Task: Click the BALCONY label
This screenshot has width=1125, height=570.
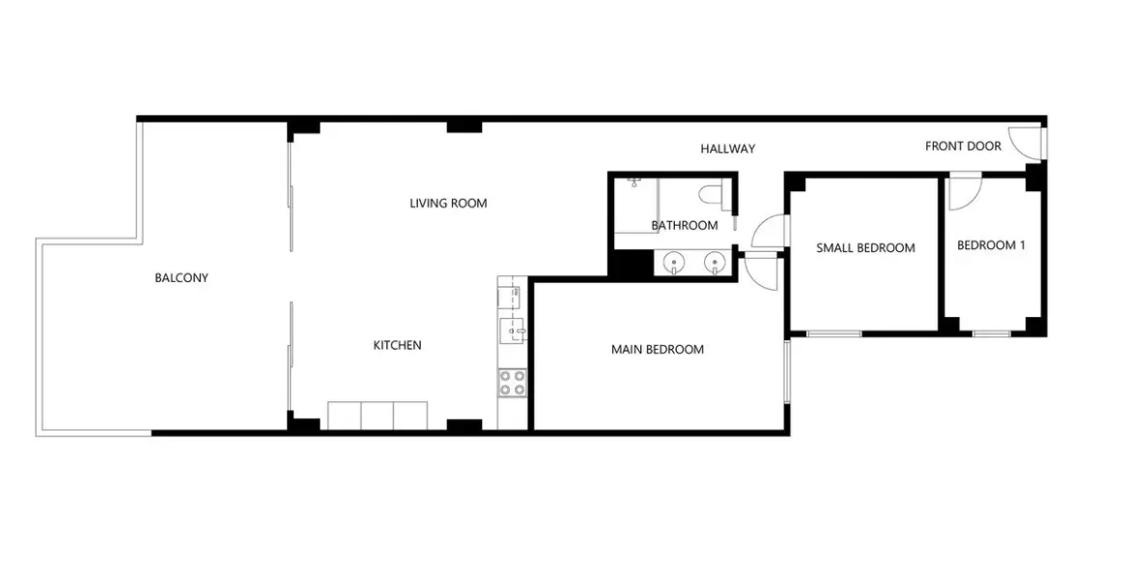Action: [x=182, y=278]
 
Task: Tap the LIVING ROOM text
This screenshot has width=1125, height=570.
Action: [x=448, y=204]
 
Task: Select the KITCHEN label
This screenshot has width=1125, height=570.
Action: [x=397, y=346]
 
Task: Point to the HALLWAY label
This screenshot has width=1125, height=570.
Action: [x=727, y=149]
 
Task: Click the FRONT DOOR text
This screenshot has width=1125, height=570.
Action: [x=963, y=147]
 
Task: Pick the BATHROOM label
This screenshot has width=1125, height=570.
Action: [x=684, y=226]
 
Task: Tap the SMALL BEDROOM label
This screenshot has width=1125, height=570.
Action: [x=865, y=248]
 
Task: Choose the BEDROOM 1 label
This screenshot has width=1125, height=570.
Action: [x=991, y=245]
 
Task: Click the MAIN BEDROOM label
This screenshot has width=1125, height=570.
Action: [x=657, y=350]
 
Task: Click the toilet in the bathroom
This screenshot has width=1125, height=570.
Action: [x=714, y=194]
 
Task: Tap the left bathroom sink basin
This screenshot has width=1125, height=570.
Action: [x=673, y=262]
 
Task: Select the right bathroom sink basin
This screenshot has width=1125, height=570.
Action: [x=714, y=262]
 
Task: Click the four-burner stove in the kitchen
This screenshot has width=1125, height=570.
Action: [x=512, y=383]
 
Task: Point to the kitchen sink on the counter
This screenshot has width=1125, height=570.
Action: [x=512, y=330]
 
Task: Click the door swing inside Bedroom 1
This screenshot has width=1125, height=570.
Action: [x=963, y=192]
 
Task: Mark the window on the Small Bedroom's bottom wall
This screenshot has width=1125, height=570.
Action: [x=833, y=334]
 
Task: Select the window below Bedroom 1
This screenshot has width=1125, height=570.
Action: [x=991, y=334]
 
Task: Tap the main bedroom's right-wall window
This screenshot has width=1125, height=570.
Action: [x=787, y=371]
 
